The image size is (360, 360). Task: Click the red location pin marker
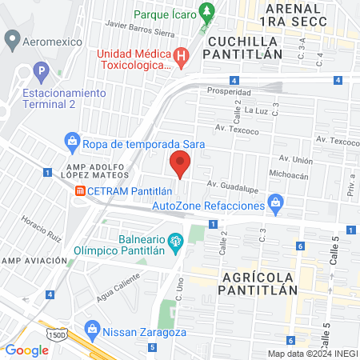point(181,166)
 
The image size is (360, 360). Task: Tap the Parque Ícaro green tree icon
point(208,12)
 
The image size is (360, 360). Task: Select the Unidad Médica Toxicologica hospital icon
point(182,56)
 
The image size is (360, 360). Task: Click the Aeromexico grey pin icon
point(12,38)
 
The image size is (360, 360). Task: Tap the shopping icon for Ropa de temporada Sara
point(72,143)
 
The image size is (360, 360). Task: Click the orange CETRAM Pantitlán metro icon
point(80,191)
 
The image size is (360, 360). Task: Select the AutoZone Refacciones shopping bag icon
point(276,202)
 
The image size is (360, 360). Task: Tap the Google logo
point(27,350)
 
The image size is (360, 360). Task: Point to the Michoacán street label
point(289,173)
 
